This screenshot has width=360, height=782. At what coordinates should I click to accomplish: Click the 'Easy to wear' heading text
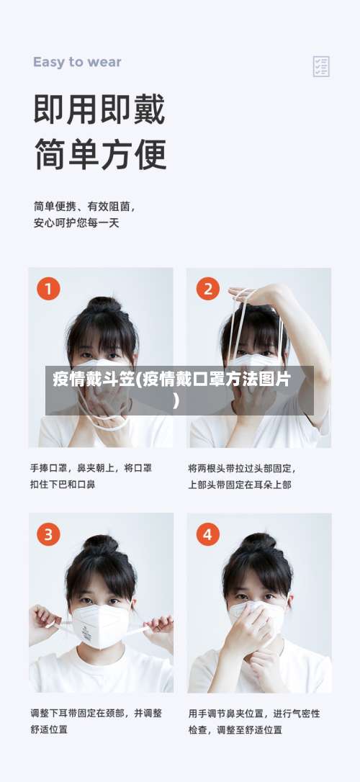pyautogui.click(x=77, y=62)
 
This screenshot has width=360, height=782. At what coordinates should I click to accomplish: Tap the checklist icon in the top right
pyautogui.click(x=321, y=66)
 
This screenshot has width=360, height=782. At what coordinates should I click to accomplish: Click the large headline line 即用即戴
pyautogui.click(x=99, y=110)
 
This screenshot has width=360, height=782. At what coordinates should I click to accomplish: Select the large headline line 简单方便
pyautogui.click(x=99, y=153)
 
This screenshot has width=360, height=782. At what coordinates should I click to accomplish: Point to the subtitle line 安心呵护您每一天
pyautogui.click(x=76, y=223)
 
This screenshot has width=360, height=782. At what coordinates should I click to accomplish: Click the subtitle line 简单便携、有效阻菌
pyautogui.click(x=84, y=205)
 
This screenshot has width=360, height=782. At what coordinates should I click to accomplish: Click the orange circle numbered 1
pyautogui.click(x=48, y=289)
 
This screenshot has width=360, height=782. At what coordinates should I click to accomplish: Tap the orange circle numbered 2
pyautogui.click(x=207, y=289)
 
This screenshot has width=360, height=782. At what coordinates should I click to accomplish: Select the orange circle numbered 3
pyautogui.click(x=48, y=534)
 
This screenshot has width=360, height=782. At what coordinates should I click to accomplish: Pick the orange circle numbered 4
pyautogui.click(x=207, y=534)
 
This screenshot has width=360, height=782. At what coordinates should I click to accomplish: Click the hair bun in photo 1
pyautogui.click(x=104, y=305)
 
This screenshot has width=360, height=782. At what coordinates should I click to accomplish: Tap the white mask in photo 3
pyautogui.click(x=101, y=624)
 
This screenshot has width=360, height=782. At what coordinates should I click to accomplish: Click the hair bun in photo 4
pyautogui.click(x=258, y=541)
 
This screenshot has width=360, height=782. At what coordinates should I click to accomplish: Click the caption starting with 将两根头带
pyautogui.click(x=242, y=476)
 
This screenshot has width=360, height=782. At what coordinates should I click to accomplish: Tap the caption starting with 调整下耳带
pyautogui.click(x=96, y=721)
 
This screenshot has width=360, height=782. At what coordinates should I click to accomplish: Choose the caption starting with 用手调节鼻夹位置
pyautogui.click(x=254, y=721)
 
